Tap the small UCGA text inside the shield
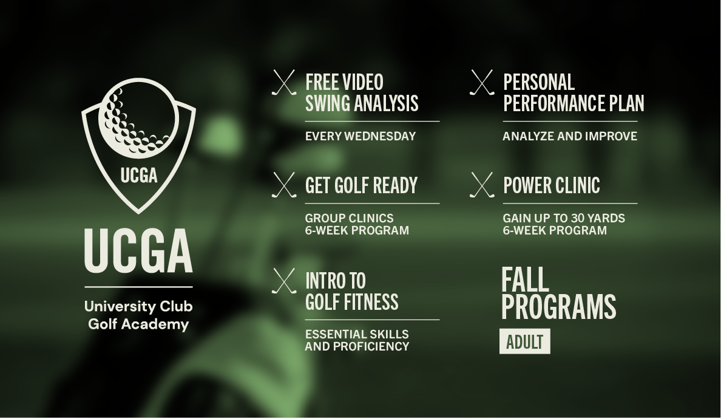coord(139,176)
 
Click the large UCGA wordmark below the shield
coord(138,250)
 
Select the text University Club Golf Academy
coord(138,315)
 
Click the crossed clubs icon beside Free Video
coord(283,83)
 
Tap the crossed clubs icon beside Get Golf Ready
coord(283,185)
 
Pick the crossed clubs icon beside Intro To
coord(283,281)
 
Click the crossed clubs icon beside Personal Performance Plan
coord(482,83)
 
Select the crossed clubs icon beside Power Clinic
coord(482,185)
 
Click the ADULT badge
coord(524,341)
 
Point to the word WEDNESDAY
coord(380,136)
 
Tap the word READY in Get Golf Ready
coord(395,185)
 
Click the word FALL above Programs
coord(525,280)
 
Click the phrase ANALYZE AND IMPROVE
coord(570,136)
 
